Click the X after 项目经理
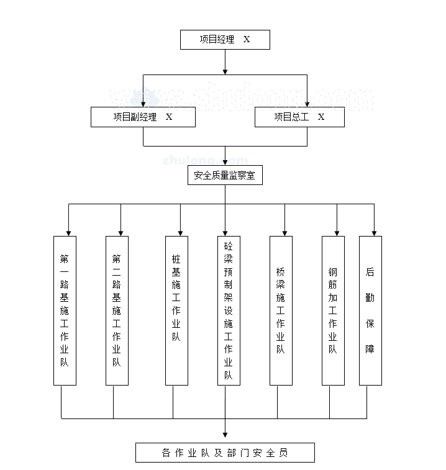click(x=247, y=39)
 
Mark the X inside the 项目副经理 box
click(x=169, y=117)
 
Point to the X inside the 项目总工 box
click(x=321, y=117)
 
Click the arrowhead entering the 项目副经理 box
click(x=143, y=104)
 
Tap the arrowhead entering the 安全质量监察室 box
click(x=225, y=163)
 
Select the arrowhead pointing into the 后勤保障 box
click(x=374, y=233)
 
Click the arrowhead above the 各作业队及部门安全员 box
click(x=225, y=435)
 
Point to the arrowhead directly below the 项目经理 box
click(x=225, y=72)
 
